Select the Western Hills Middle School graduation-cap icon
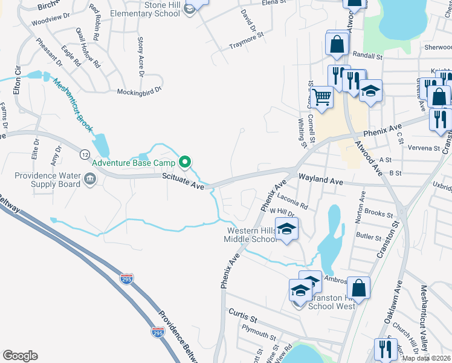(288, 229)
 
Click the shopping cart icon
(323, 96)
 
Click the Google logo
(20, 355)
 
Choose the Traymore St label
(247, 45)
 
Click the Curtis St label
(242, 315)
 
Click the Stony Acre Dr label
(140, 56)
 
